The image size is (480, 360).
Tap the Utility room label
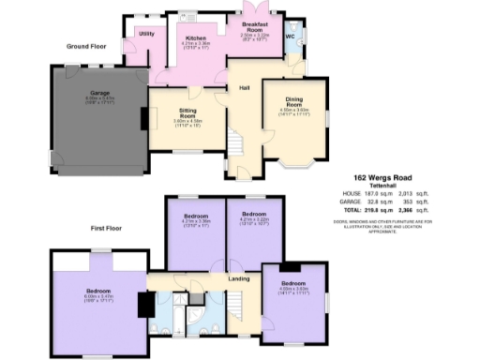pyautogui.click(x=146, y=34)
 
